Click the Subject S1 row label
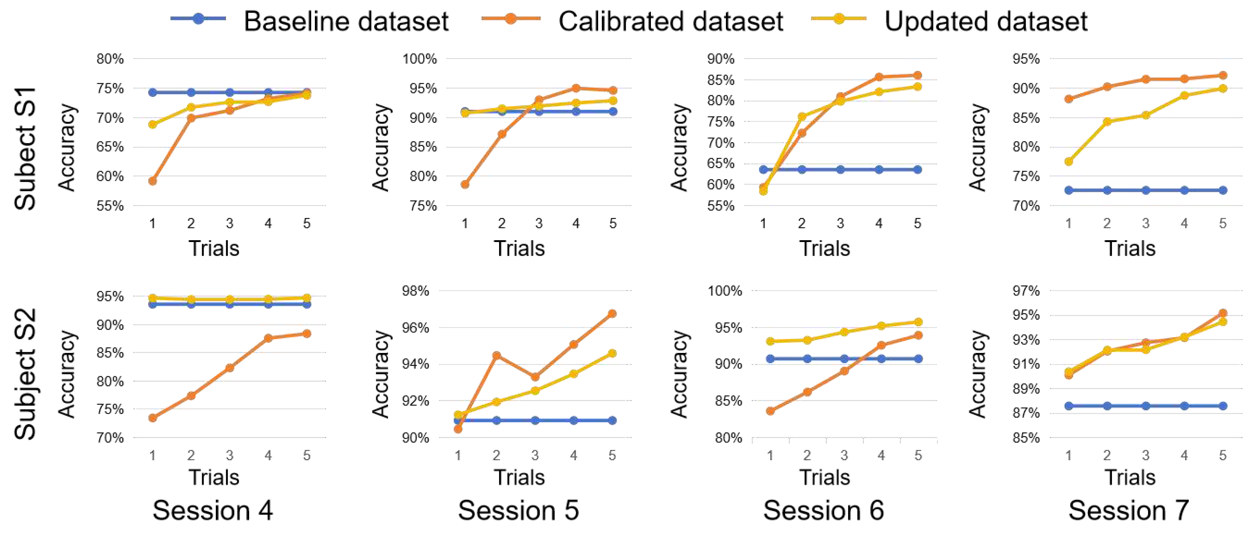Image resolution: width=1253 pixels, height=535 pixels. (25, 148)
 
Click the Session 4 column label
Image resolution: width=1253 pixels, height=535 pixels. (213, 511)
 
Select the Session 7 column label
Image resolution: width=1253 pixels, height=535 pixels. (1128, 511)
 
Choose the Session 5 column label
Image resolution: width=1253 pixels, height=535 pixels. (518, 511)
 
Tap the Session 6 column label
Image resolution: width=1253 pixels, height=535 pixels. (824, 511)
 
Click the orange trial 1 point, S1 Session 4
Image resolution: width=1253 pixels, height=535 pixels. (152, 181)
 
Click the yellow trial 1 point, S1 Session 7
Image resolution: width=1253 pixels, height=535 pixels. (1069, 162)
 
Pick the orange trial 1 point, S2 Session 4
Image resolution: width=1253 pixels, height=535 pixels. (152, 418)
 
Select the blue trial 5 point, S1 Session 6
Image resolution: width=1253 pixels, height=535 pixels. (917, 169)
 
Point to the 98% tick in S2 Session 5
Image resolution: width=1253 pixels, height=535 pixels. (415, 291)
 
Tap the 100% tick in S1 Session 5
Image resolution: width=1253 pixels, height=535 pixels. (419, 59)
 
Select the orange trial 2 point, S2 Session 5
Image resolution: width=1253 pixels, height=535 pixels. (496, 355)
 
